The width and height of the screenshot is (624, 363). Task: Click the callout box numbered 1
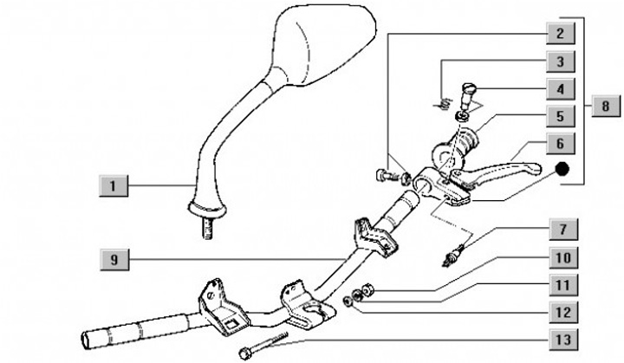[x=113, y=185]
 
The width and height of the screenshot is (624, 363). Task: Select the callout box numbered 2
[x=560, y=35]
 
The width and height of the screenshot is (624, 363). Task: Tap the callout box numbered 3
[x=560, y=62]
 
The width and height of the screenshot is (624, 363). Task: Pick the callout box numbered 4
[x=560, y=88]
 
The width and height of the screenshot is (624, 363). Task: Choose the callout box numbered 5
[x=560, y=114]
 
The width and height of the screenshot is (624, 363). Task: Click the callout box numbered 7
[x=560, y=231]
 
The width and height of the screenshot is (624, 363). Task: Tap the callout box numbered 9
[x=113, y=258]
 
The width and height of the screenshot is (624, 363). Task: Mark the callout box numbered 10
[x=560, y=258]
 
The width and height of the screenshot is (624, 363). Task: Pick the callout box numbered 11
[x=560, y=284]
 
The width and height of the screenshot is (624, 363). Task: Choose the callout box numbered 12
[x=560, y=310]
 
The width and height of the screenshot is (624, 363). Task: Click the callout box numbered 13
[x=560, y=337]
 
